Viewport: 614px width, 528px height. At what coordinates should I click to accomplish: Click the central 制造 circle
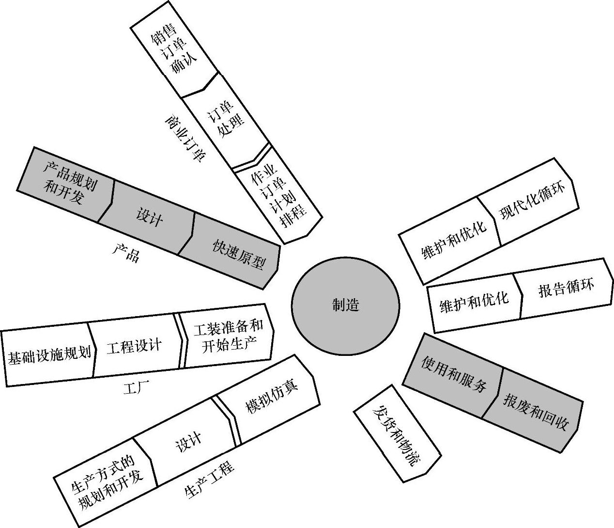tap(345, 305)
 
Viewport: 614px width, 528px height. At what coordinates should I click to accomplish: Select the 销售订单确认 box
tap(174, 54)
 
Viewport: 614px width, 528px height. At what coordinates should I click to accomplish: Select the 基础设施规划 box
tap(49, 356)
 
